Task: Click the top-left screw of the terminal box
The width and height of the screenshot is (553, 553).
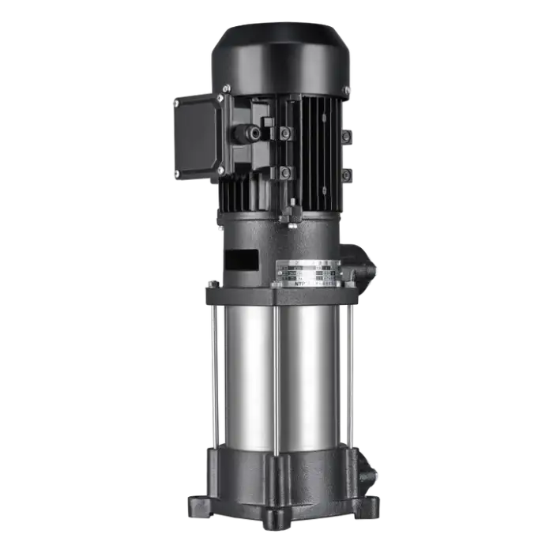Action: (x=175, y=101)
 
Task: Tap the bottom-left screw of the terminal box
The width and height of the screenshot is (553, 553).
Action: (x=175, y=172)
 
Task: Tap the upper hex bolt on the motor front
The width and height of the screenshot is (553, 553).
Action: (x=284, y=134)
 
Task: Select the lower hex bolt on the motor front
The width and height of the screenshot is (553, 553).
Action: (x=284, y=172)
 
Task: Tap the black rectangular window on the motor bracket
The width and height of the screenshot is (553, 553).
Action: (x=242, y=260)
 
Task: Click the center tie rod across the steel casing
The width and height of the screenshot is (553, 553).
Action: (x=275, y=379)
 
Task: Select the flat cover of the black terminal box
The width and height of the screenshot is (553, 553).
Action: (x=195, y=136)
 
